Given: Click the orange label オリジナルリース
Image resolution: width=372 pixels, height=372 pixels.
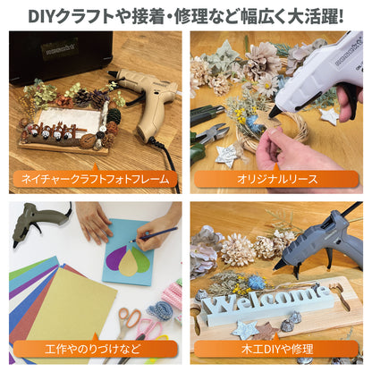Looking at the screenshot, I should click(x=277, y=179).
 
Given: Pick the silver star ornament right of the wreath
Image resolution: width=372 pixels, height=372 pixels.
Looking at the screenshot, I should click(x=329, y=115).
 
